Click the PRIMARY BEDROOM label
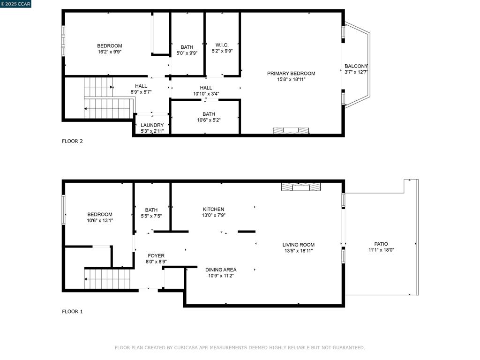(291, 73)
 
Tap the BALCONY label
(356, 66)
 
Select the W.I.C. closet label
(222, 45)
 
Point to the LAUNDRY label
(152, 125)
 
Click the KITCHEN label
(213, 209)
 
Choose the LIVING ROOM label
(299, 245)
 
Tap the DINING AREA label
(221, 270)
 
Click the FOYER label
(156, 255)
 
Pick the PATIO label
(381, 244)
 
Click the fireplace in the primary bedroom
(291, 130)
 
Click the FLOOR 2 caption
(72, 141)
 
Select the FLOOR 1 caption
(72, 311)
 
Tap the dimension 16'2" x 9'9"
(110, 52)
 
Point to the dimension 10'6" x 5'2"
(209, 120)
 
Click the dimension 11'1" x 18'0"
(381, 250)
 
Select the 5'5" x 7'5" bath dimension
(151, 216)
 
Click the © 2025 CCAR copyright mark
(15, 4)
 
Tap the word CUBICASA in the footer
(189, 348)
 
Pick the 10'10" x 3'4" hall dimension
(206, 94)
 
